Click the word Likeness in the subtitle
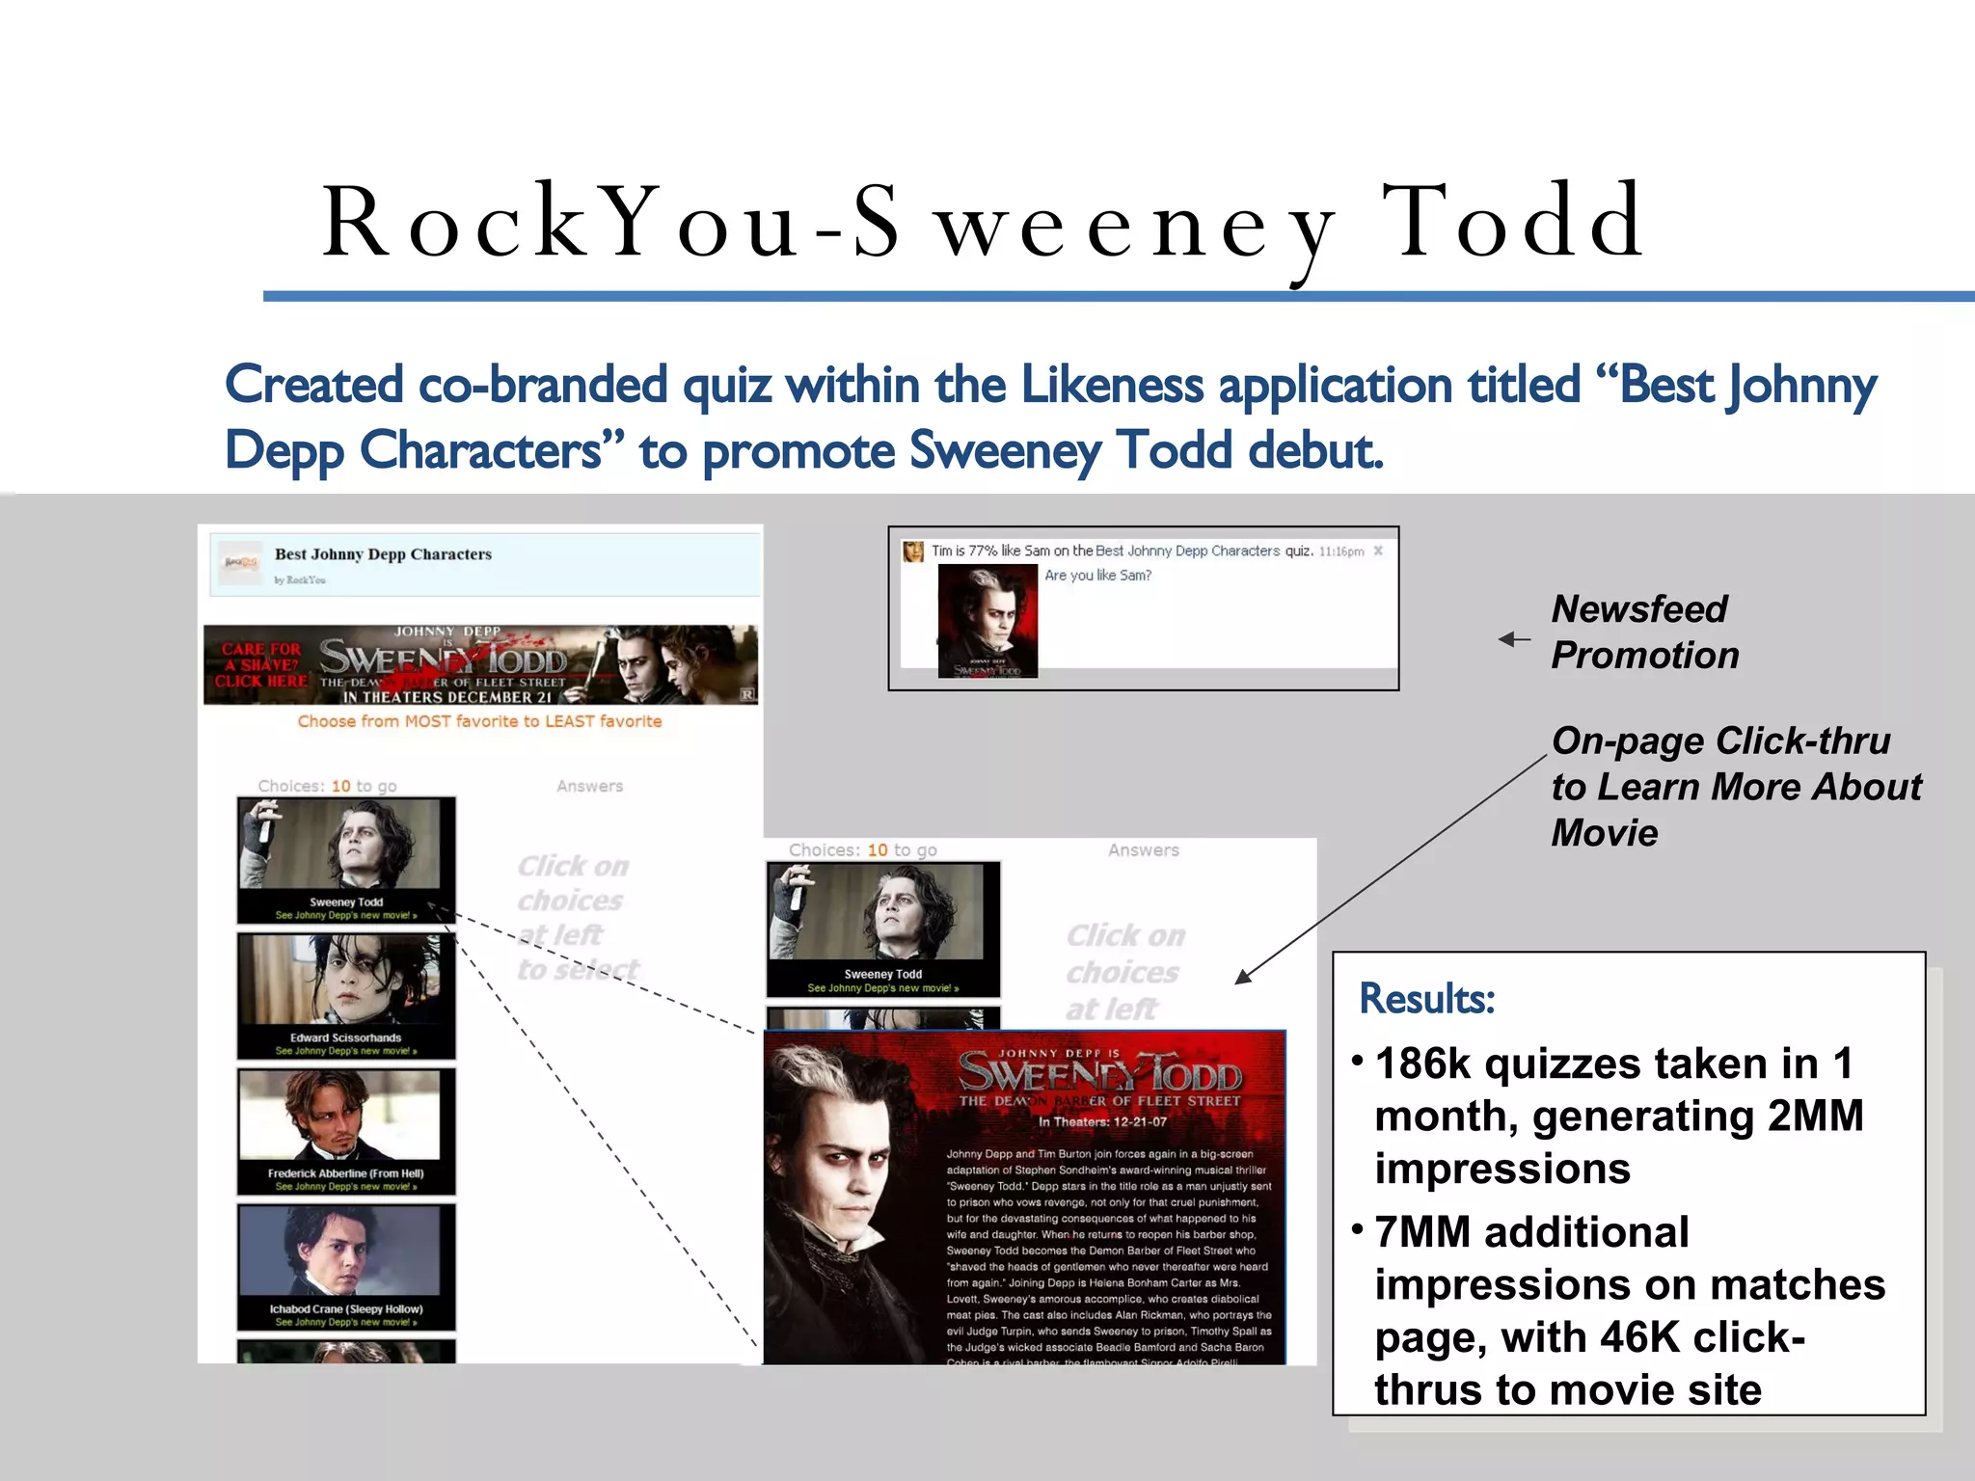coord(1112,386)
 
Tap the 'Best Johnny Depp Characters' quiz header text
coord(383,554)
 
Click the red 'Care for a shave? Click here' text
coord(260,665)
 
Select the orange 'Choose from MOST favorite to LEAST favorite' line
coord(479,721)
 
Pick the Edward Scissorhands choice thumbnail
coord(346,994)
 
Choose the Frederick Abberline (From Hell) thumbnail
coord(346,1130)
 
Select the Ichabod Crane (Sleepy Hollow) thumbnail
coord(346,1266)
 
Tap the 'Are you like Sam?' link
coord(1097,576)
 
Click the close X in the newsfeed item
coord(1378,551)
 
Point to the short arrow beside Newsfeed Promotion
coord(1514,639)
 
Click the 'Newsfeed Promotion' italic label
coord(1643,633)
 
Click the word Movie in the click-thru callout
coord(1605,833)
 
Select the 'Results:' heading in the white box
coord(1426,999)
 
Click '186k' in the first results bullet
coord(1422,1064)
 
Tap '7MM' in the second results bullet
coord(1420,1232)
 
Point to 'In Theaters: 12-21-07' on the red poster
coord(1102,1121)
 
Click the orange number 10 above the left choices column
coord(340,786)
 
